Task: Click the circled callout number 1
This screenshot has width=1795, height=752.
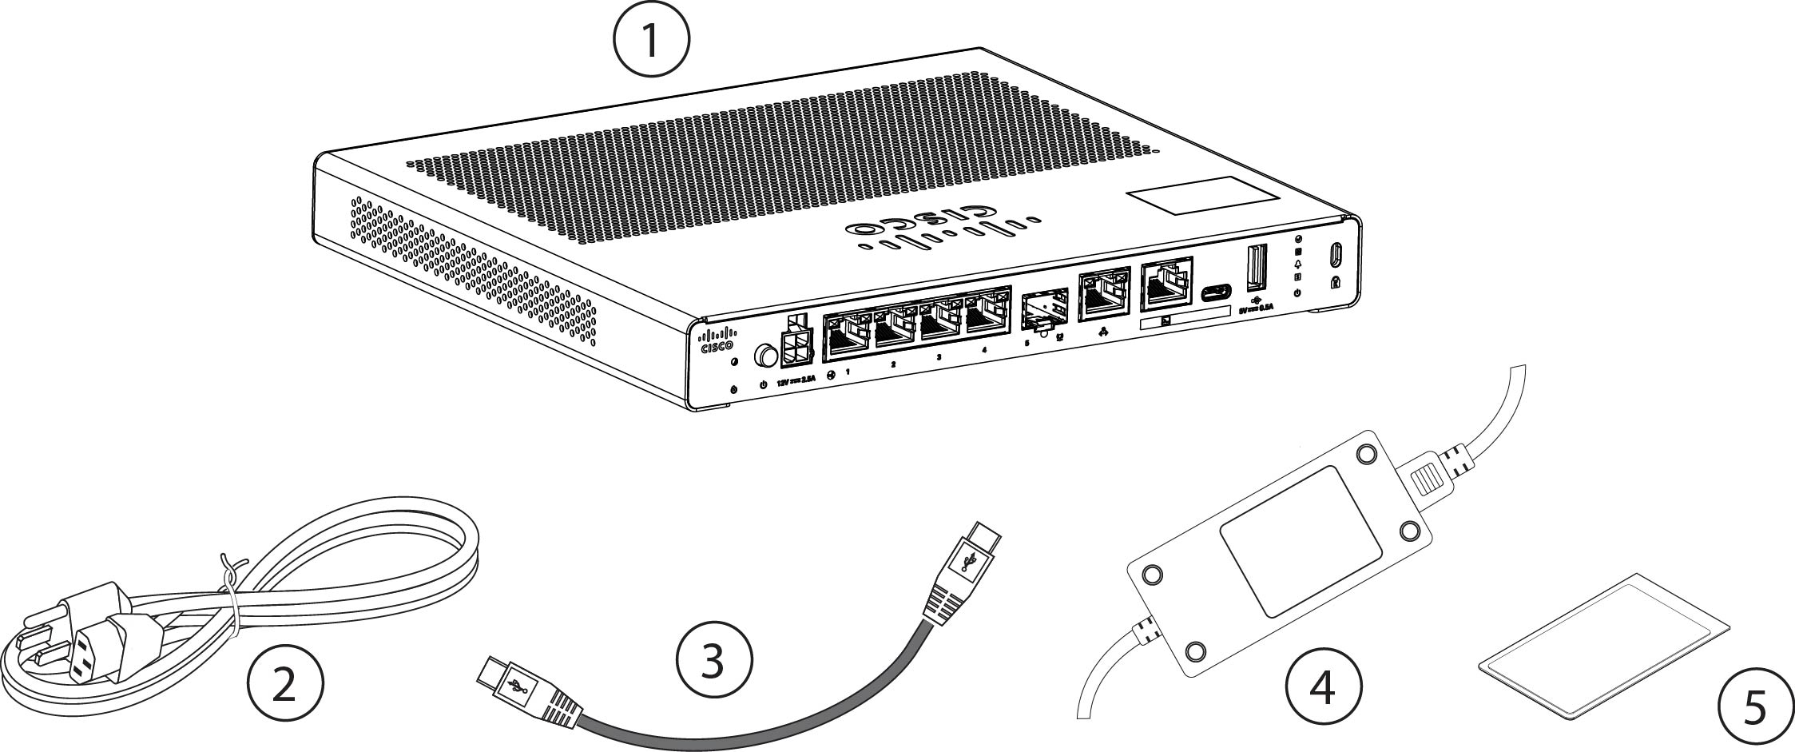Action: click(x=651, y=40)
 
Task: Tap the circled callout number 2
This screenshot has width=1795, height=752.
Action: click(x=285, y=686)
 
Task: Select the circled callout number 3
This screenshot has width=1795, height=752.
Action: click(x=713, y=662)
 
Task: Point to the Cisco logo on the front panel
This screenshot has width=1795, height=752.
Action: click(x=717, y=340)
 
